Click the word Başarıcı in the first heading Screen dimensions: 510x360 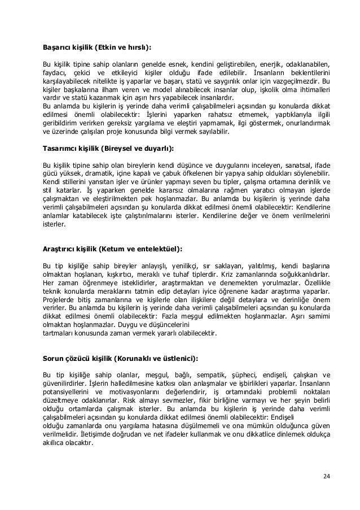[x=59, y=48]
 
